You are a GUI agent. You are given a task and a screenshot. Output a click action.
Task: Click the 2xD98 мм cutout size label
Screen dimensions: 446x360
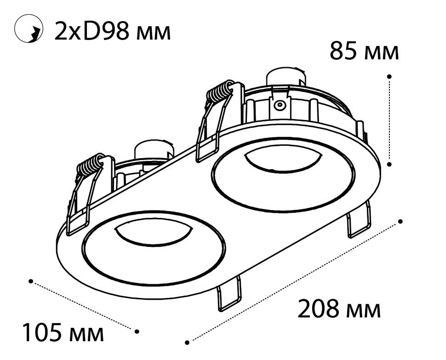112,30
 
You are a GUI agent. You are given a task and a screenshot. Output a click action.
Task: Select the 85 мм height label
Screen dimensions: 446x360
364,51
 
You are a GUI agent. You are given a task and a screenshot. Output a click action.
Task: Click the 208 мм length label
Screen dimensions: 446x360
339,309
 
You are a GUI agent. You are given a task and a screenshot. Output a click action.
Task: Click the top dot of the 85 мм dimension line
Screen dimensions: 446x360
389,76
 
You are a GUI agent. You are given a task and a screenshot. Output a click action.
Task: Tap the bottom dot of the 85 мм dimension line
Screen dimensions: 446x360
389,164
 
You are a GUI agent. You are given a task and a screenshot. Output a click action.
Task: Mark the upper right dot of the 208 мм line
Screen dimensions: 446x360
401,221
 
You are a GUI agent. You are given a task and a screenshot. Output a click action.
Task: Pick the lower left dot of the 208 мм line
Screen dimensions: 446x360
187,343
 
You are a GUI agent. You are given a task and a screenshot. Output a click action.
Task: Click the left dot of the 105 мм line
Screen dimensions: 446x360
31,281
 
